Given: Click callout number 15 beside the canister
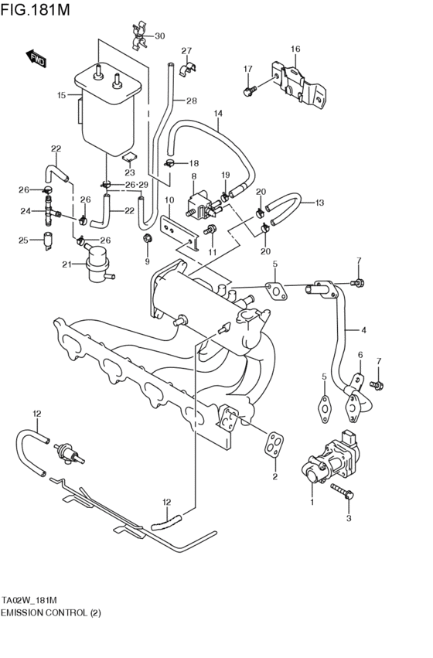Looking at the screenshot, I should (x=62, y=96).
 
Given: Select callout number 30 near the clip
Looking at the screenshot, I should (x=159, y=36).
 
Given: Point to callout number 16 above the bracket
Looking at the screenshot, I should (x=295, y=49).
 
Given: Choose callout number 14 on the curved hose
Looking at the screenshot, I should (x=218, y=114).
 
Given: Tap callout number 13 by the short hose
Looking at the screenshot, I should (x=319, y=203).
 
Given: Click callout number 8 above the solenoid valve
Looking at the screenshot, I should (x=193, y=178).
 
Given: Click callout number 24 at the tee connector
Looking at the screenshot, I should (x=25, y=211).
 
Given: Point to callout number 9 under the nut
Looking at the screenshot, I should (x=146, y=261).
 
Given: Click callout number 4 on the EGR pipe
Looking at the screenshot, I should (x=363, y=330).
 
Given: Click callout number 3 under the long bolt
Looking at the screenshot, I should (x=349, y=517).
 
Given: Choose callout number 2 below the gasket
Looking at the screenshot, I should (x=274, y=476).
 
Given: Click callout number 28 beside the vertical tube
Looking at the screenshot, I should (x=191, y=101).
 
